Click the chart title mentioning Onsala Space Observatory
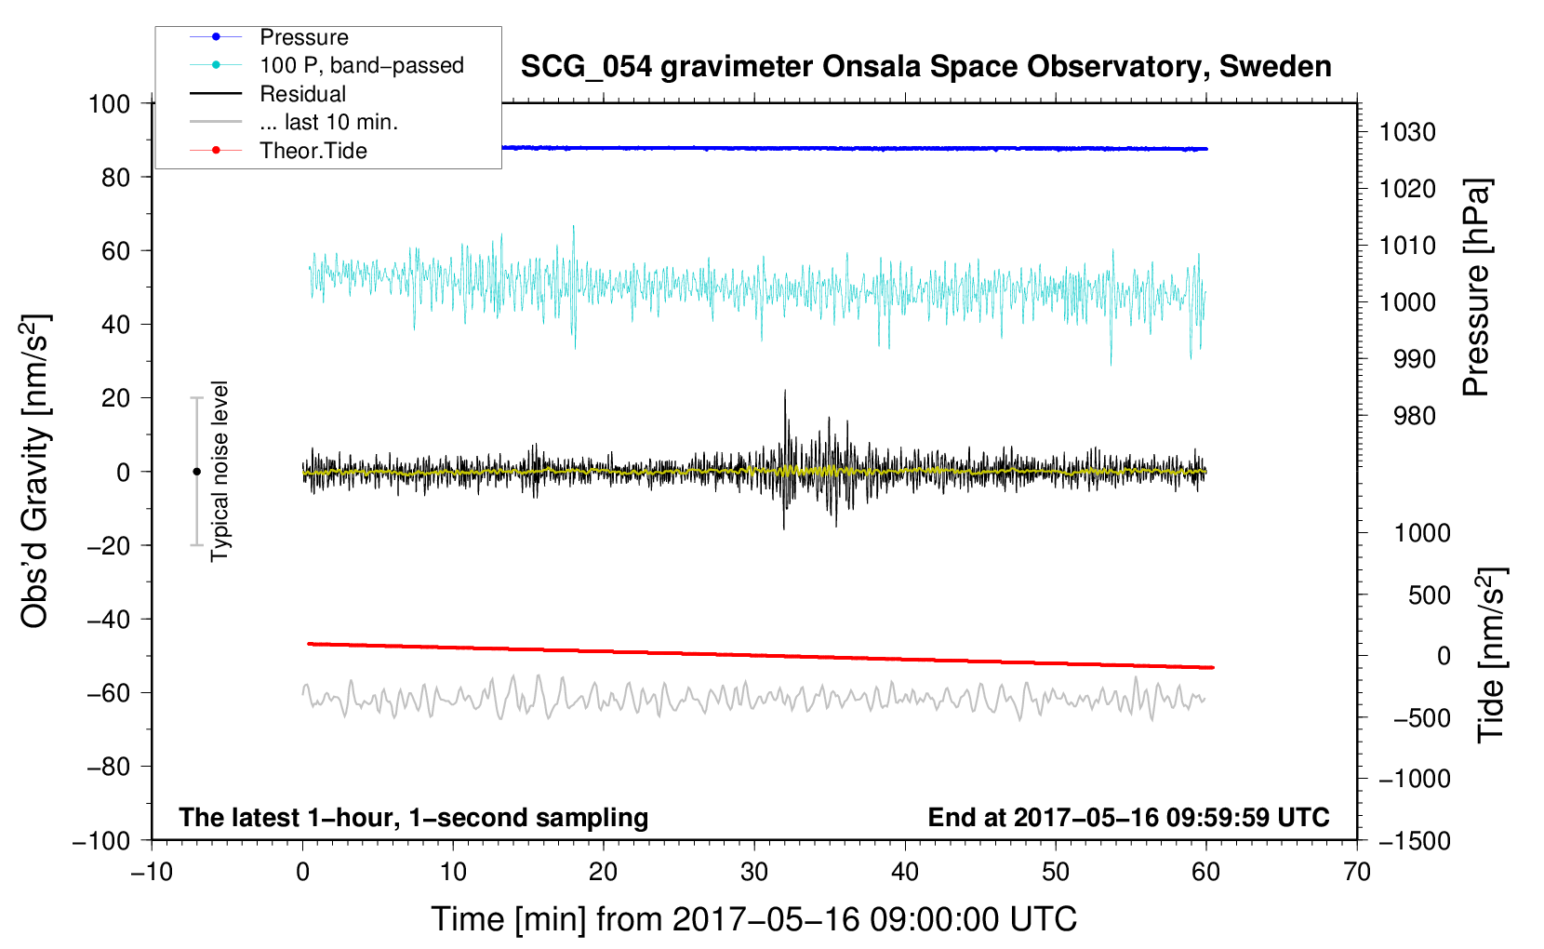[925, 67]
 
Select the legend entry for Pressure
[304, 37]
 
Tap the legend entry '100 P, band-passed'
[361, 65]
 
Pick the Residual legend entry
[302, 94]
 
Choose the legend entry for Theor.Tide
[313, 151]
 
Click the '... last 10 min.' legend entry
[328, 122]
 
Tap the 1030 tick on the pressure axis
[1407, 132]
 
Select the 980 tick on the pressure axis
[1414, 416]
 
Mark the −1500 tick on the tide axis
[1414, 840]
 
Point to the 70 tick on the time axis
[1357, 872]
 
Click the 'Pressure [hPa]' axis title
[1476, 288]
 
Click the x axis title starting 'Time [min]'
[753, 919]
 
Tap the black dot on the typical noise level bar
[196, 472]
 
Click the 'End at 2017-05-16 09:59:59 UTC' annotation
[1128, 817]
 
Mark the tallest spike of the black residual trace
[785, 391]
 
